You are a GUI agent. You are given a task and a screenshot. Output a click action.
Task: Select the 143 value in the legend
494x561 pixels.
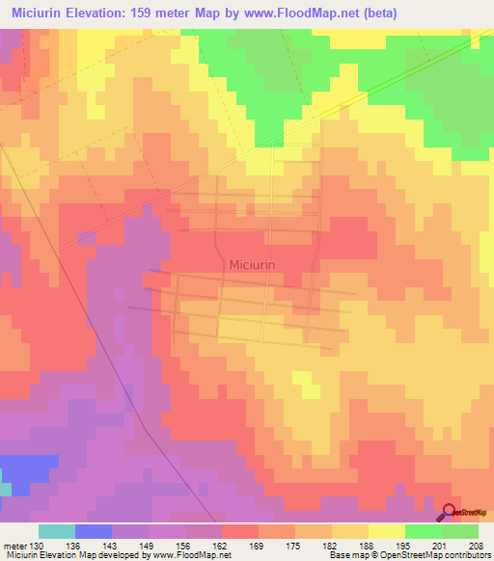pyautogui.click(x=111, y=545)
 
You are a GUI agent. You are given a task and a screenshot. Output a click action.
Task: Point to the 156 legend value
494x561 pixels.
pyautogui.click(x=184, y=545)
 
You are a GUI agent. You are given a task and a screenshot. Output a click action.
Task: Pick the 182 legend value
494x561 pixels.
pyautogui.click(x=331, y=545)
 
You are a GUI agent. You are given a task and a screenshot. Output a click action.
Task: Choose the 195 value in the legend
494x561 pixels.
pyautogui.click(x=404, y=545)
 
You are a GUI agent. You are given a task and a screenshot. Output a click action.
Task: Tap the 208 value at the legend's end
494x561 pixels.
pyautogui.click(x=477, y=545)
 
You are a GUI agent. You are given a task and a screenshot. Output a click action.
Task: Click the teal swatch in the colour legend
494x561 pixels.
pyautogui.click(x=57, y=531)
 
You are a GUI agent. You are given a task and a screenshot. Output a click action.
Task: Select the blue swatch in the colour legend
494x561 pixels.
pyautogui.click(x=94, y=531)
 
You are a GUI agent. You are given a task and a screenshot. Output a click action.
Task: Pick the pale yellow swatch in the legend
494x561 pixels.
pyautogui.click(x=387, y=531)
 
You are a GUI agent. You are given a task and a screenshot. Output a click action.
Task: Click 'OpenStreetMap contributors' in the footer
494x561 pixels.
pyautogui.click(x=438, y=555)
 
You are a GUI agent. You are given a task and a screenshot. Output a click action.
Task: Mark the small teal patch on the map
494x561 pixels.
pyautogui.click(x=5, y=490)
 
